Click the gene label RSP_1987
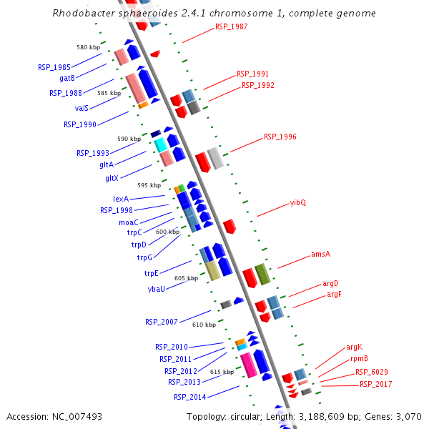(230, 28)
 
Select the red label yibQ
(297, 202)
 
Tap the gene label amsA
(320, 254)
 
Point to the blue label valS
(82, 108)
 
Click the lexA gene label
(120, 199)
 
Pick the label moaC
(128, 222)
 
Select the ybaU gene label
(157, 289)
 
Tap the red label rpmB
(359, 359)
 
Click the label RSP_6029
(372, 372)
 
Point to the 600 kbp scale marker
(167, 232)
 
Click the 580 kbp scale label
(89, 47)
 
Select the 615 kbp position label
(222, 372)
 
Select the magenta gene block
(248, 364)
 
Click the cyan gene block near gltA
(161, 144)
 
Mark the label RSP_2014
(189, 397)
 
